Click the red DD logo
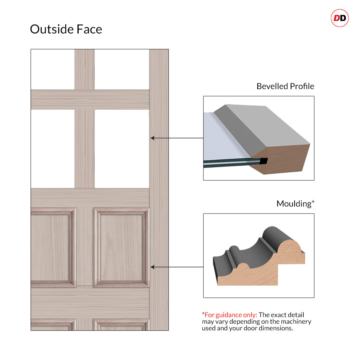pyautogui.click(x=340, y=18)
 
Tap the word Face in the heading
pyautogui.click(x=89, y=29)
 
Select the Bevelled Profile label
pyautogui.click(x=285, y=86)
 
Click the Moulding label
pyautogui.click(x=295, y=204)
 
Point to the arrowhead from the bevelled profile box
pyautogui.click(x=152, y=138)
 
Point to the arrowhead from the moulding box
pyautogui.click(x=152, y=267)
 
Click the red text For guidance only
pyautogui.click(x=231, y=315)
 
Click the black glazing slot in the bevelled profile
pyautogui.click(x=264, y=161)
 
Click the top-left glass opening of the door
pyautogui.click(x=52, y=69)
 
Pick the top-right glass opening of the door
pyautogui.click(x=122, y=69)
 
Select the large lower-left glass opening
pyautogui.click(x=52, y=149)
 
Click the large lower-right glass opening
pyautogui.click(x=122, y=149)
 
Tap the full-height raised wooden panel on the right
pyautogui.click(x=122, y=247)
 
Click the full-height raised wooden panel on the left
pyautogui.click(x=53, y=247)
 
